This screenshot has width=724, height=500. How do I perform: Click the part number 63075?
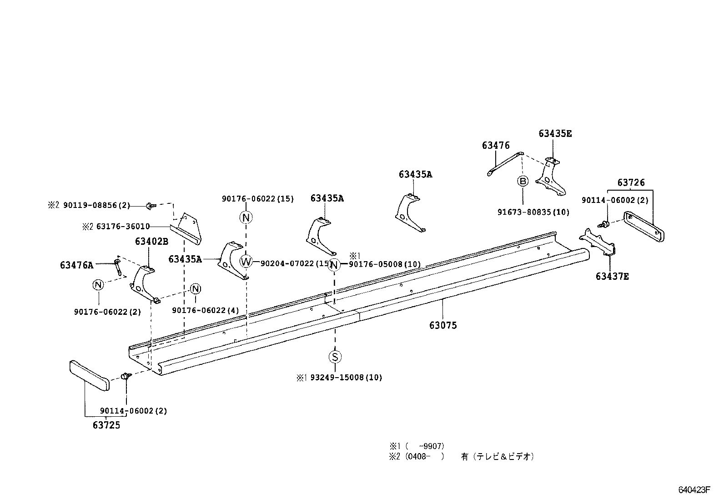tap(443, 325)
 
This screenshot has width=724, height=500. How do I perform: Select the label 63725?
tap(106, 425)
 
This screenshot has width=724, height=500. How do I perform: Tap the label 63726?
tap(631, 182)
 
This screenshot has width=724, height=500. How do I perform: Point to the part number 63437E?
tap(612, 276)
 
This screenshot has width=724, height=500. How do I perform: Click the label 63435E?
tap(555, 133)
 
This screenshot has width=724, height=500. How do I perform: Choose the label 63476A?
tap(76, 265)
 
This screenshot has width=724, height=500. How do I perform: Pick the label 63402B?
tap(151, 242)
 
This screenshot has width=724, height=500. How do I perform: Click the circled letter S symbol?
tap(335, 357)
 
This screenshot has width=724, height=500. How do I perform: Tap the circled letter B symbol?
tap(523, 181)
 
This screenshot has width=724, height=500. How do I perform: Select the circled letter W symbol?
tap(246, 262)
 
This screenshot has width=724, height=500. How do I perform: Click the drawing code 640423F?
tap(694, 490)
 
